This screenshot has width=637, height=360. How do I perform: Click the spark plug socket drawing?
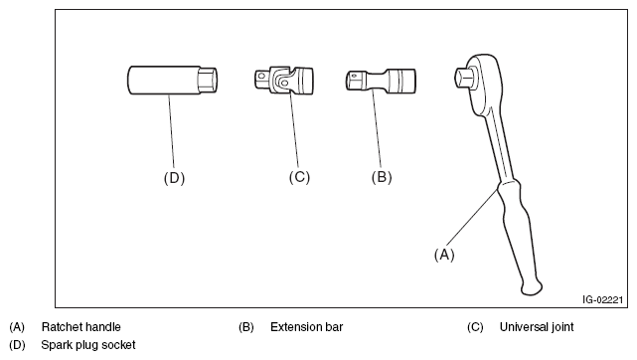coord(172,81)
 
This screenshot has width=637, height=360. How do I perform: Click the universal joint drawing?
coord(284,80)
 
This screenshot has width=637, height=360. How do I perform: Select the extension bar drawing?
coord(381,80)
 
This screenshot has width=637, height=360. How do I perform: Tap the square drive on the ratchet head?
coord(463,78)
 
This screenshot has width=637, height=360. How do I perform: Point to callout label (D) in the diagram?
coord(174,178)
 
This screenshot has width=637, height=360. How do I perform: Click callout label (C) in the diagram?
coord(299,177)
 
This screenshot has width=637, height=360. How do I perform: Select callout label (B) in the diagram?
coord(382,177)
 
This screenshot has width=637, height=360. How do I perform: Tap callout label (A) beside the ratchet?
coord(444,255)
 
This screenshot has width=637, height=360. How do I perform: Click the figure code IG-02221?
coord(603,300)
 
